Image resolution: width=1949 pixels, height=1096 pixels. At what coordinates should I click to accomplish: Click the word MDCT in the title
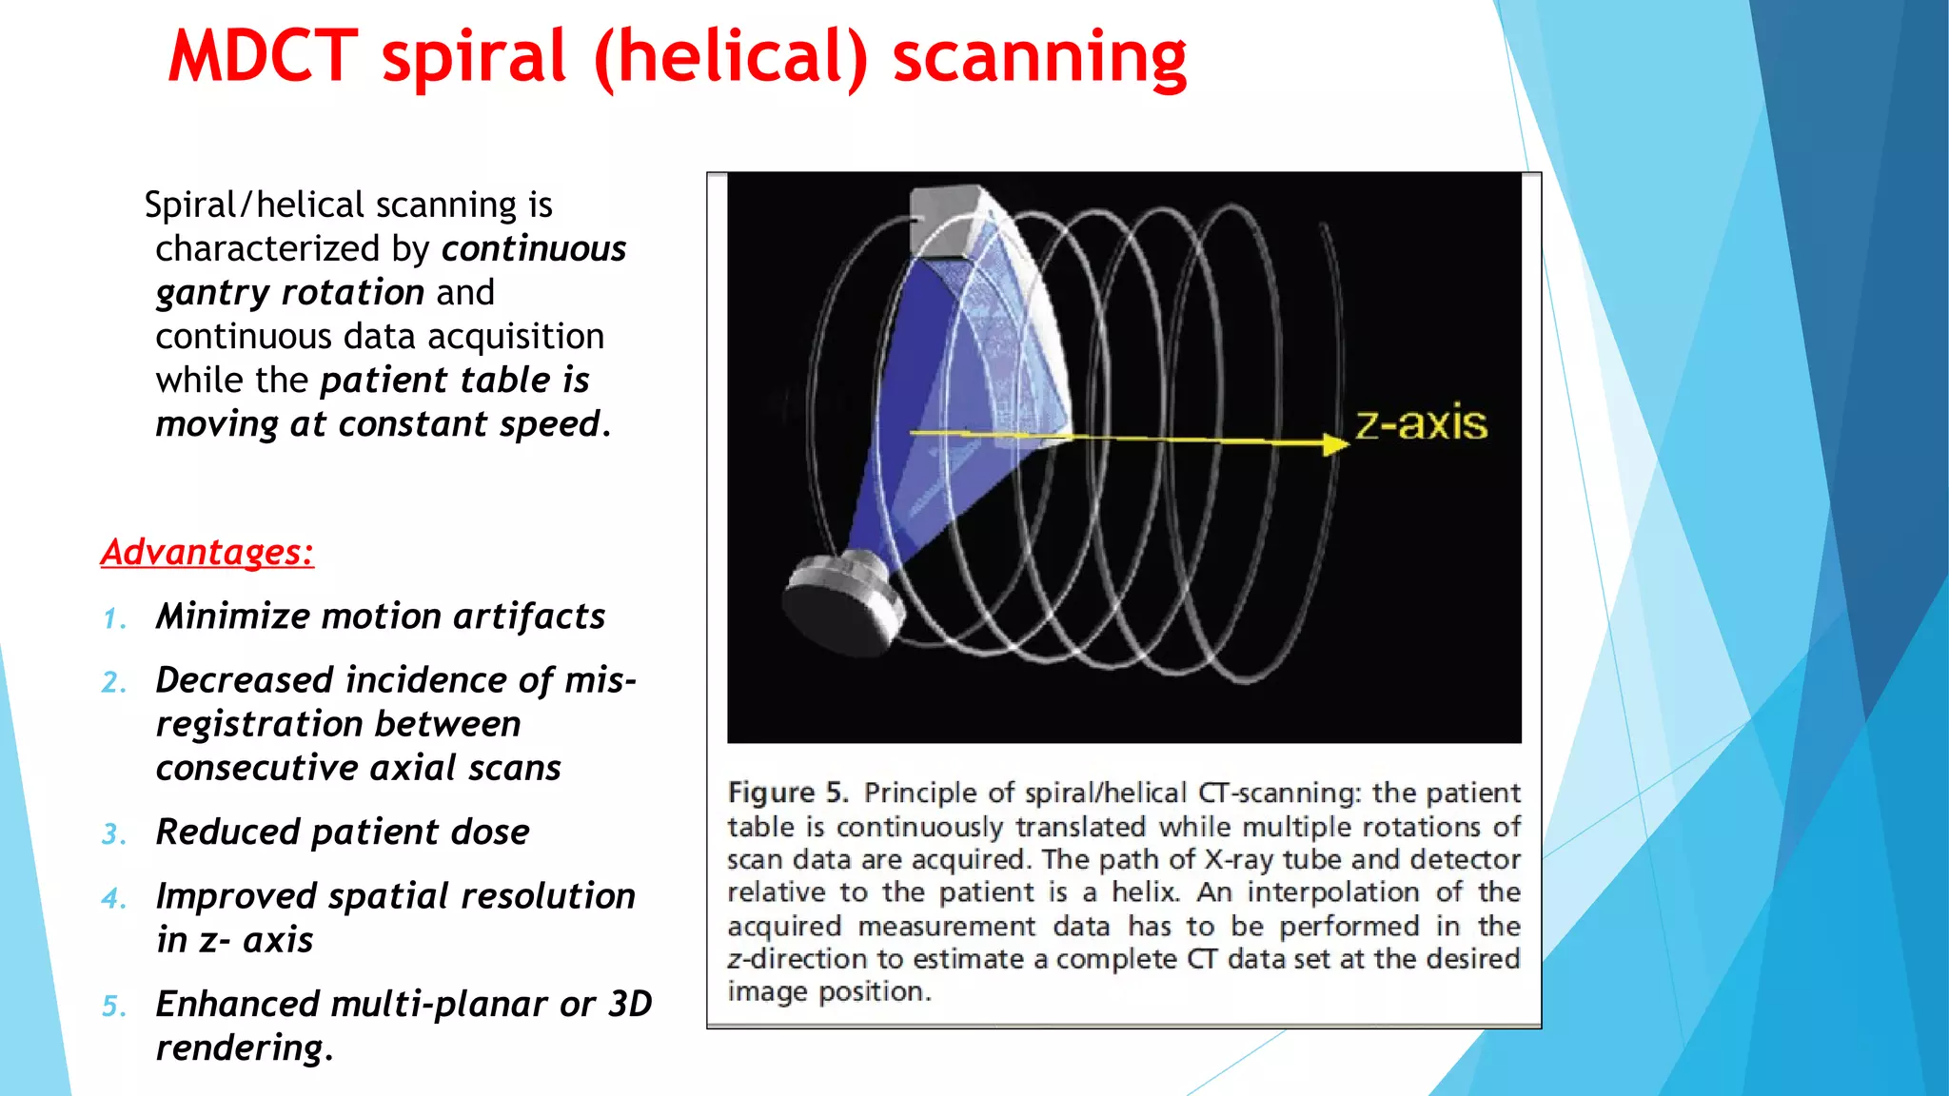pyautogui.click(x=263, y=57)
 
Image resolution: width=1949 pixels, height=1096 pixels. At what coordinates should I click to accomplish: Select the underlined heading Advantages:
pyautogui.click(x=207, y=552)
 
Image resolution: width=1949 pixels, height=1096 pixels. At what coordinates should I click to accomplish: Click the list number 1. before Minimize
pyautogui.click(x=114, y=619)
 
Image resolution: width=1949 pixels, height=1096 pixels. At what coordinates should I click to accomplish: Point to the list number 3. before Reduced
pyautogui.click(x=114, y=834)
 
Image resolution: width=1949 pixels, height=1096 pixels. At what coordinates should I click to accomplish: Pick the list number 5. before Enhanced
pyautogui.click(x=114, y=1007)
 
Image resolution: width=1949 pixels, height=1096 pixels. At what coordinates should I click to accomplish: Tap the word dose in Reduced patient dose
pyautogui.click(x=489, y=832)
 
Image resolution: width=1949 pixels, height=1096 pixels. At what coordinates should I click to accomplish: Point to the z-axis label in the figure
pyautogui.click(x=1421, y=423)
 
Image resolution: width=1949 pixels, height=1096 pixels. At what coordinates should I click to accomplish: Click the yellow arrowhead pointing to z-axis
pyautogui.click(x=1334, y=444)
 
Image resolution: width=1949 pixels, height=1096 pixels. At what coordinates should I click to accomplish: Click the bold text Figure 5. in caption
pyautogui.click(x=787, y=793)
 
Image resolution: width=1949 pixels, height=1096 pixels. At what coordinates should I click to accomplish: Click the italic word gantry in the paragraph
pyautogui.click(x=213, y=293)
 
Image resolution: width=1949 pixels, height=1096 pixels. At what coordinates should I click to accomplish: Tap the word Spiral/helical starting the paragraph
pyautogui.click(x=243, y=205)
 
